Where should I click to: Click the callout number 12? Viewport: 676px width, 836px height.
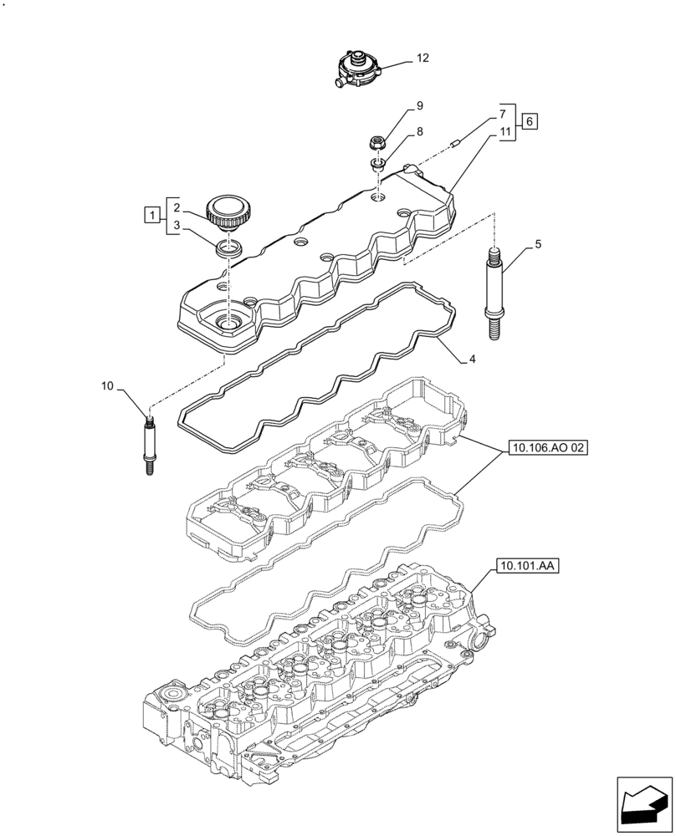coord(422,59)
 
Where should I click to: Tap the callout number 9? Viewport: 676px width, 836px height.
coord(419,106)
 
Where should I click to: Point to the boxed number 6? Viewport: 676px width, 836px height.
coord(530,122)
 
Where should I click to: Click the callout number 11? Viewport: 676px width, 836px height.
coord(504,132)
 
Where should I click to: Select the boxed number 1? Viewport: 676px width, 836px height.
coord(151,216)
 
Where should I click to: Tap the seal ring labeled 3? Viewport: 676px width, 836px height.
coord(228,247)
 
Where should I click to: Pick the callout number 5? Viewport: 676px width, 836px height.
coord(538,244)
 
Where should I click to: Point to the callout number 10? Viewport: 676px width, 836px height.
coord(107,385)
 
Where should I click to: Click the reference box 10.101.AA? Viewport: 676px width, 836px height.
coord(529,566)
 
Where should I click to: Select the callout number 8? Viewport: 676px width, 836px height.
coord(419,131)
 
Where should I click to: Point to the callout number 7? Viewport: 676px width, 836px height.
coord(504,113)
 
